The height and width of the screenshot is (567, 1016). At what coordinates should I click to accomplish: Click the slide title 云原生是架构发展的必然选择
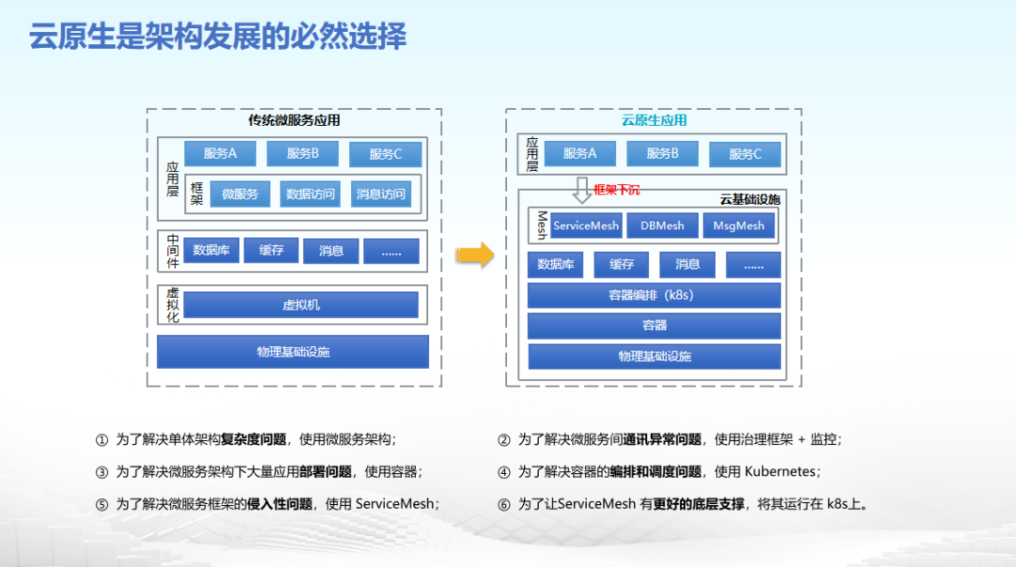coord(217,37)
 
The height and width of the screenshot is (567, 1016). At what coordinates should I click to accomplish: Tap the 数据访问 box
coord(310,194)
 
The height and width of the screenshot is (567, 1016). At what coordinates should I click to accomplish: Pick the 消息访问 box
coord(381,194)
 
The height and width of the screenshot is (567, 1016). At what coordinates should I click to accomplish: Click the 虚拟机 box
coord(301,305)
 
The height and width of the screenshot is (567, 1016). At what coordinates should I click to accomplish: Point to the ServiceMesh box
coord(586,226)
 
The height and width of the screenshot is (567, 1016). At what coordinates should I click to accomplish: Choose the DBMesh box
coord(662,226)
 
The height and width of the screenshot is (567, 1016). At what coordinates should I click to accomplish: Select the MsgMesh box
coord(738,226)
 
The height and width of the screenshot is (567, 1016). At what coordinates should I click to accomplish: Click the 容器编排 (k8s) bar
coord(654,295)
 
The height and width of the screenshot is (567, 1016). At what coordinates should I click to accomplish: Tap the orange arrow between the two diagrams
coord(475,254)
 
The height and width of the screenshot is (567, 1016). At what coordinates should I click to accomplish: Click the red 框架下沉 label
coord(616,190)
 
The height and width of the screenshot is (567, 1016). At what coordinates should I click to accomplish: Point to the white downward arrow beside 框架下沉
coord(582,189)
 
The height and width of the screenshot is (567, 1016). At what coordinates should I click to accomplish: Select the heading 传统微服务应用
coord(294,119)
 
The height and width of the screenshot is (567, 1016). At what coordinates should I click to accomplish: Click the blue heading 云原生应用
coord(654,119)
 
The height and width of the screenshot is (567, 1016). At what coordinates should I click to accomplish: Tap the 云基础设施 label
coord(750,199)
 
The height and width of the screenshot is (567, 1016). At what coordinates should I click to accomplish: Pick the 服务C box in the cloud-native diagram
coord(744,154)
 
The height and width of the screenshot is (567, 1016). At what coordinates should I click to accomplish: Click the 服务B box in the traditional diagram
coord(302,153)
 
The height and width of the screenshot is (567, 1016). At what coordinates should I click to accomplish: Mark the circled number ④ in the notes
coord(504,472)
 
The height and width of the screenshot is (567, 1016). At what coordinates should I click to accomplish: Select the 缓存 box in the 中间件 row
coord(271,250)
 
